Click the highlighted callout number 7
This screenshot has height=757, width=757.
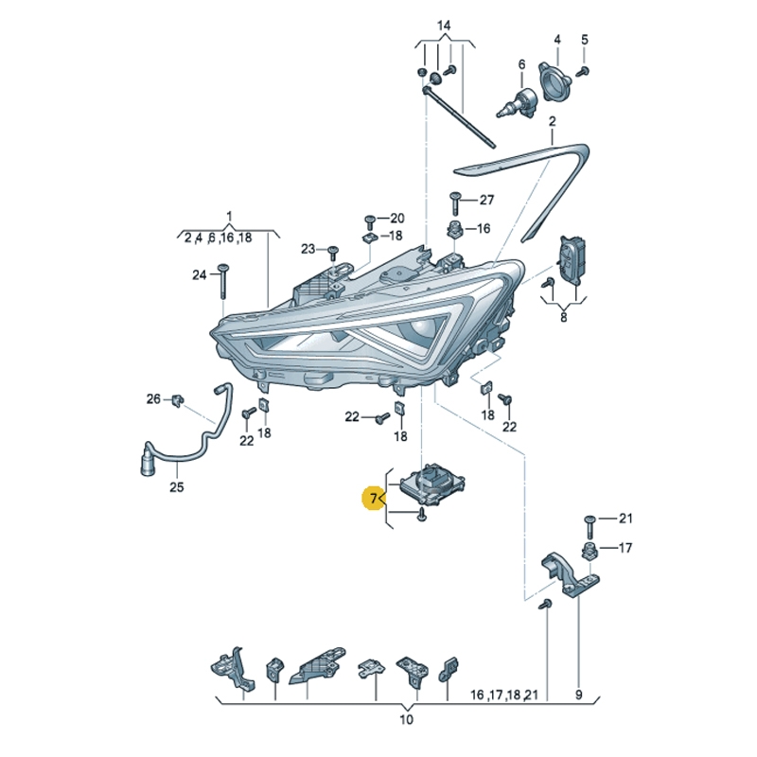point(374,497)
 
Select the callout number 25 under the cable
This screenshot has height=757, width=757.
point(177,488)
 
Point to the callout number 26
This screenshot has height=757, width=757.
point(153,399)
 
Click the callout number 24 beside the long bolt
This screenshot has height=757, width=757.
point(199,275)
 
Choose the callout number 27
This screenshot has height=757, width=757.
point(486,200)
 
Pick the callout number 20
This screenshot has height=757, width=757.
point(396,218)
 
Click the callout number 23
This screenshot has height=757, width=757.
point(308,249)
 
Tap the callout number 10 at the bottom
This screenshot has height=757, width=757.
point(406,720)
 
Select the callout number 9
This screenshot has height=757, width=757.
point(578,695)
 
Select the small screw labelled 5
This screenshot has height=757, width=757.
point(584,70)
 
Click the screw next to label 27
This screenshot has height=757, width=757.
point(455,201)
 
